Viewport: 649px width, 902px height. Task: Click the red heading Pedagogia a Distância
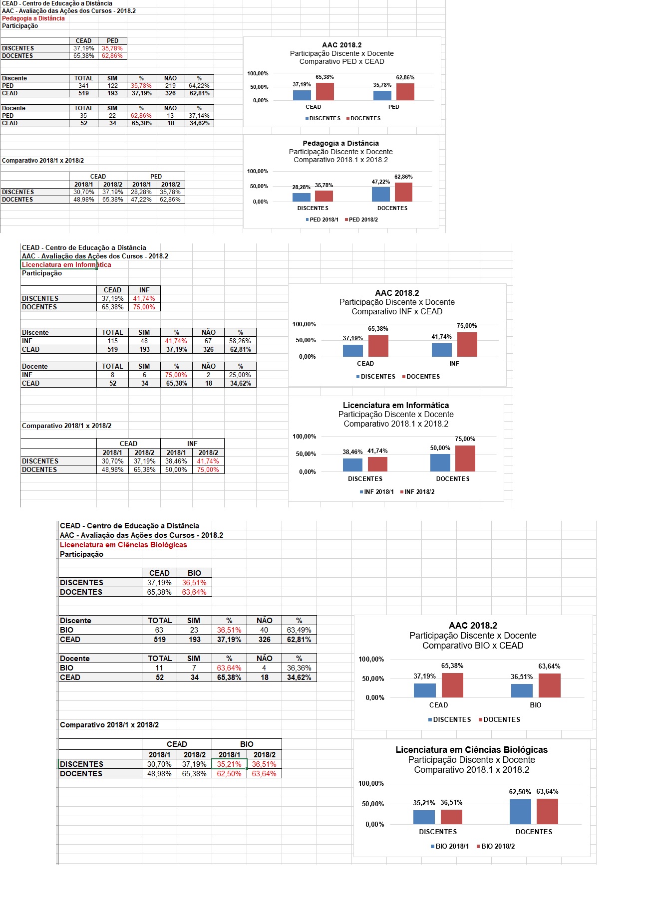pos(33,18)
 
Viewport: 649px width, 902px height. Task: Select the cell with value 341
pos(83,86)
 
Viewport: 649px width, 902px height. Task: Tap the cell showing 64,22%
pos(199,86)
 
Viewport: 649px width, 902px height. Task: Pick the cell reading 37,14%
pos(199,116)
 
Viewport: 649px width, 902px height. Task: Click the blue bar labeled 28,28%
pos(302,197)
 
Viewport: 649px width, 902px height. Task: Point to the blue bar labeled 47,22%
pos(381,194)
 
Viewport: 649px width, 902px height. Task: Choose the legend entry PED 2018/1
pos(322,220)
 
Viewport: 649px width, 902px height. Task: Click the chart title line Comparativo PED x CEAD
pos(342,62)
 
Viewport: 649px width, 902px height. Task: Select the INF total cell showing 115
pos(112,341)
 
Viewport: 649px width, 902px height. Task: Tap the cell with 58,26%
pos(240,341)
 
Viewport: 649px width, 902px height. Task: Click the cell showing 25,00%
pos(240,375)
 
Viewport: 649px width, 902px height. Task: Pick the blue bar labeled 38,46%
pos(352,465)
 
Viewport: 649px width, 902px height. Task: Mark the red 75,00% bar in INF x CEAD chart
pos(467,345)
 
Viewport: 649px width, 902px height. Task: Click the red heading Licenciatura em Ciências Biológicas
pos(123,545)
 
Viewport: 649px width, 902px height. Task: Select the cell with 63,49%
pos(299,630)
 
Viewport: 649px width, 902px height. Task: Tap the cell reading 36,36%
pos(299,668)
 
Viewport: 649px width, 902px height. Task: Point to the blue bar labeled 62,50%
pos(520,812)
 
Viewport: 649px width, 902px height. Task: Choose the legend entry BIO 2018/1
pos(450,847)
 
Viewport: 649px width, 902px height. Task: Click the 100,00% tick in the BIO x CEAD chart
pos(371,660)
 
